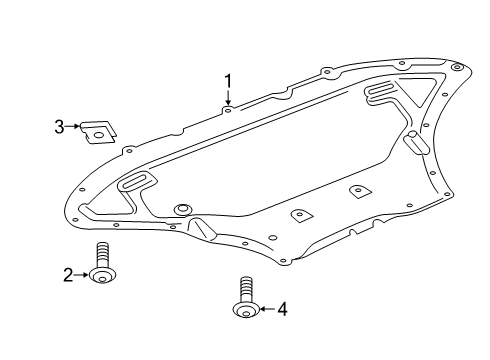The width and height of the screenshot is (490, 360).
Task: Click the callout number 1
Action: coord(228,82)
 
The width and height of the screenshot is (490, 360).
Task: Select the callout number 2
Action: coord(68,275)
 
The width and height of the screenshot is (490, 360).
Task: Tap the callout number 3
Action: coord(59,127)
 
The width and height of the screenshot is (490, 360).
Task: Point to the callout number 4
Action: coord(282,309)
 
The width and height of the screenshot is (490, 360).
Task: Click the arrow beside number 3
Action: coord(73,126)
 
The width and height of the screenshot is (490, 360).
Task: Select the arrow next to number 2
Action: coord(81,275)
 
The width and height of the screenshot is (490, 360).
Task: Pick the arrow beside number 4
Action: coord(268,309)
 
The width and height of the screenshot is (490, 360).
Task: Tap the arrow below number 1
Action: coord(228,98)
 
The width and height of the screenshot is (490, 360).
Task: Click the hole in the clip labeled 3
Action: coord(99,135)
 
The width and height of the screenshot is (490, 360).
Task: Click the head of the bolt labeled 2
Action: coord(103,276)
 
